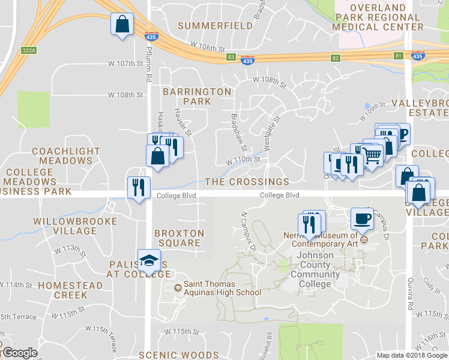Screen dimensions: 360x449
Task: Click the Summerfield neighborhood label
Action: pyautogui.click(x=215, y=26)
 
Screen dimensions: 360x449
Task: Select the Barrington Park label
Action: pyautogui.click(x=197, y=96)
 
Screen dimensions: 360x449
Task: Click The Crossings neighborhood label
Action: pyautogui.click(x=247, y=182)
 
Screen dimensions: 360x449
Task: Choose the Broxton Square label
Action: pyautogui.click(x=179, y=238)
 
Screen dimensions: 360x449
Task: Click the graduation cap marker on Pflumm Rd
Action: pyautogui.click(x=149, y=261)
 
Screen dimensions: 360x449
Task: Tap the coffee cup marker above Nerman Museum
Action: pyautogui.click(x=362, y=219)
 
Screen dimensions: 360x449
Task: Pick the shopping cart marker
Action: pyautogui.click(x=373, y=155)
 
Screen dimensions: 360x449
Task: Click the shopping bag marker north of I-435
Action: pyautogui.click(x=122, y=25)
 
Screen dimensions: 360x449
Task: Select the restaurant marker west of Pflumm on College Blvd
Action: pyautogui.click(x=138, y=188)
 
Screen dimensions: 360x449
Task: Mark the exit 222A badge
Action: pyautogui.click(x=29, y=50)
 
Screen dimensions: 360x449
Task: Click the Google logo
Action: pyautogui.click(x=19, y=353)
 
